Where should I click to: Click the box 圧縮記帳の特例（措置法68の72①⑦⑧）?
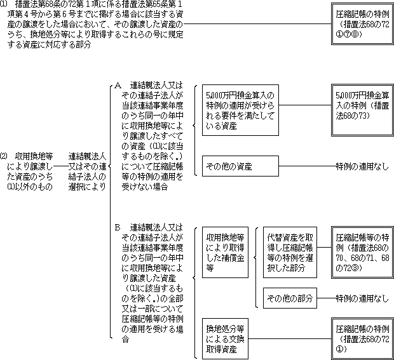[x=362, y=24]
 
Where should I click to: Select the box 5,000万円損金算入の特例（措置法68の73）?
[x=362, y=110]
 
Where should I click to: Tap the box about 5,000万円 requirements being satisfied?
[x=240, y=110]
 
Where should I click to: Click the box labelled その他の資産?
[x=240, y=166]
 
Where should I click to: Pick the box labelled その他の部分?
[x=290, y=298]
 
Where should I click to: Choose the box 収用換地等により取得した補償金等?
[x=225, y=252]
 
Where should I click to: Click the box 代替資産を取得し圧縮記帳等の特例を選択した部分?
[x=290, y=252]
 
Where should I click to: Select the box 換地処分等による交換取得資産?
[x=225, y=338]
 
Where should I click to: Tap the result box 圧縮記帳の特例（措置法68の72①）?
[x=362, y=338]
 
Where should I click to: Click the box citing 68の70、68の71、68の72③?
[x=362, y=252]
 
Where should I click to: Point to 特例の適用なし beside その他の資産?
[x=362, y=166]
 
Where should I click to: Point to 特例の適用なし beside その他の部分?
[x=362, y=298]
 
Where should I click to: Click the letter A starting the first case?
[x=118, y=86]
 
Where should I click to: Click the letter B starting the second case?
[x=118, y=228]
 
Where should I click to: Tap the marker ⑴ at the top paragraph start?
[x=3, y=4]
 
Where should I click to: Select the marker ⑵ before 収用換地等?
[x=4, y=156]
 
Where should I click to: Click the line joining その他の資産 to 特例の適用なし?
[x=308, y=166]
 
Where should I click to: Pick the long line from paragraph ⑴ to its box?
[x=257, y=24]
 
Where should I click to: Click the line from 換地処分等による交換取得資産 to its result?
[x=290, y=338]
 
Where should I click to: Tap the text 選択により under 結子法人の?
[x=87, y=187]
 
